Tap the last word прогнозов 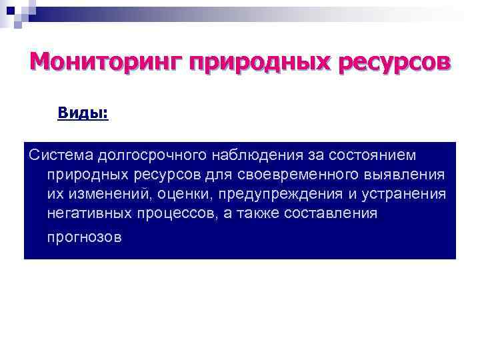click(x=85, y=237)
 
